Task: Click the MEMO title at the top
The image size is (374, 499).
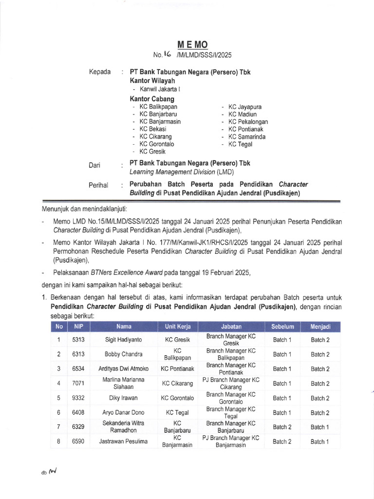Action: [193, 45]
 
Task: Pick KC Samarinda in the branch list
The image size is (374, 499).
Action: [247, 137]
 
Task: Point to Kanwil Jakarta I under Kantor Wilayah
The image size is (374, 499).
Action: [160, 89]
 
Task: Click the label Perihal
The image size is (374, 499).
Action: [98, 185]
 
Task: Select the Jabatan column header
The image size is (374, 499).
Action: [231, 326]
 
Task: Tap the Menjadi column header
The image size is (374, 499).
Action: [320, 326]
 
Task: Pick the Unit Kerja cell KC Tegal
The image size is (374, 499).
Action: [177, 413]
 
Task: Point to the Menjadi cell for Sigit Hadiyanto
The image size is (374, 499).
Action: [320, 340]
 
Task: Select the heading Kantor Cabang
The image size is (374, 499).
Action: [152, 99]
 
